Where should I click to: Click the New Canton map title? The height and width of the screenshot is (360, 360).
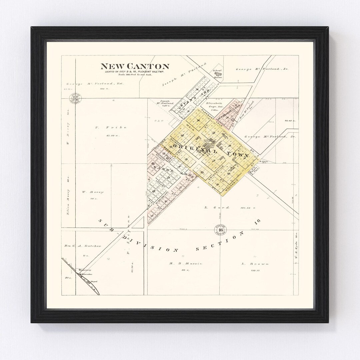click(x=135, y=66)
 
